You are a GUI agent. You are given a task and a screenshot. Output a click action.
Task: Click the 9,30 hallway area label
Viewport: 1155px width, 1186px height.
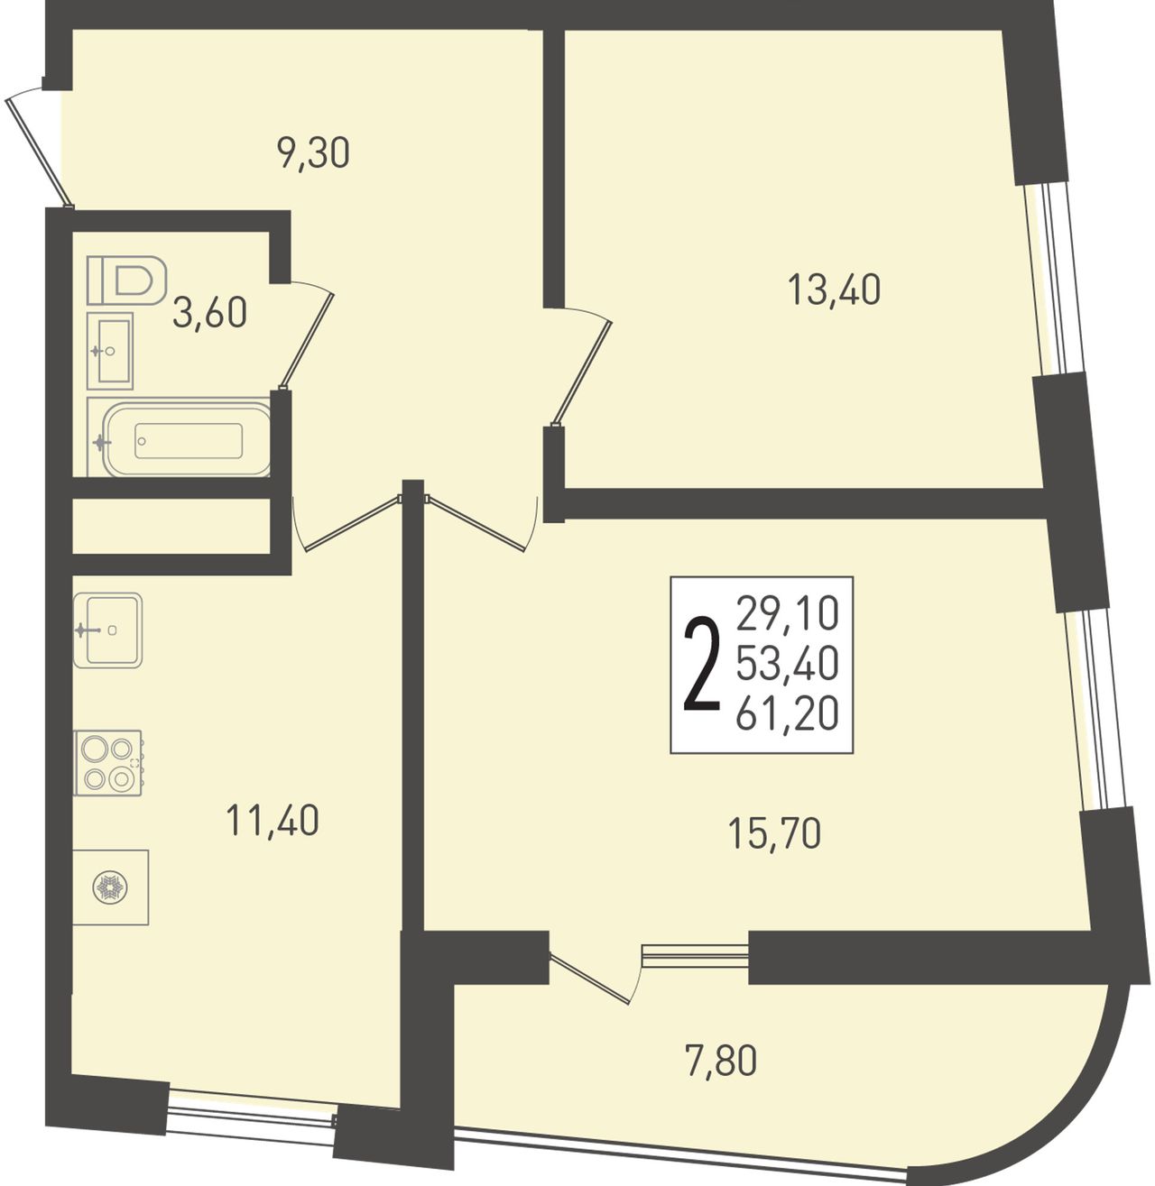click(x=313, y=154)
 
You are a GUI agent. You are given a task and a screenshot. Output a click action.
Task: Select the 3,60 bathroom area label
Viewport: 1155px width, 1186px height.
click(x=209, y=313)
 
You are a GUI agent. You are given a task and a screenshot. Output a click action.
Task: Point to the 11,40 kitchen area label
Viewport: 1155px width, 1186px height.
click(x=272, y=820)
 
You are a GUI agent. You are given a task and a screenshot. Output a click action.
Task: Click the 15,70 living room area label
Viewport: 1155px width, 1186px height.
click(x=774, y=833)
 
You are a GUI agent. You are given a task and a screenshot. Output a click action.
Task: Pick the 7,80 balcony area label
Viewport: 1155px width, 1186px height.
click(x=721, y=1060)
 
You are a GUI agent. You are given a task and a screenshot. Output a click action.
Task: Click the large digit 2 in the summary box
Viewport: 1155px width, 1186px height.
click(x=701, y=663)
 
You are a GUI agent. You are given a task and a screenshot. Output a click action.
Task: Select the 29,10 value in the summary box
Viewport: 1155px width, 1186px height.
click(x=787, y=613)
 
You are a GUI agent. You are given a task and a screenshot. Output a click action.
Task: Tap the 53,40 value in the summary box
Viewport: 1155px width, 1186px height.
click(x=787, y=663)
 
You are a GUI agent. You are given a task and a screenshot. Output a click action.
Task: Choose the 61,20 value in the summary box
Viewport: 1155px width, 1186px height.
click(x=787, y=713)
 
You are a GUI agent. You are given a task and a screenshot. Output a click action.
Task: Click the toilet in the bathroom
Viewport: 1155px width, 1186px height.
click(x=127, y=280)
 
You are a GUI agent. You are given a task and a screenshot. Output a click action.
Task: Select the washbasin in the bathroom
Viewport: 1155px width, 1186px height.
click(x=110, y=351)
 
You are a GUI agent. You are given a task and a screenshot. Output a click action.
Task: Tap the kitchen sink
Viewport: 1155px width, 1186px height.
click(x=108, y=630)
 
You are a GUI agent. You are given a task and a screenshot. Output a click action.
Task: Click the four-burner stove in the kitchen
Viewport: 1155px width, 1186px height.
click(x=107, y=762)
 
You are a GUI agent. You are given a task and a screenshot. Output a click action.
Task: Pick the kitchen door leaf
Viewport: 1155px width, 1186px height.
click(x=351, y=523)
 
